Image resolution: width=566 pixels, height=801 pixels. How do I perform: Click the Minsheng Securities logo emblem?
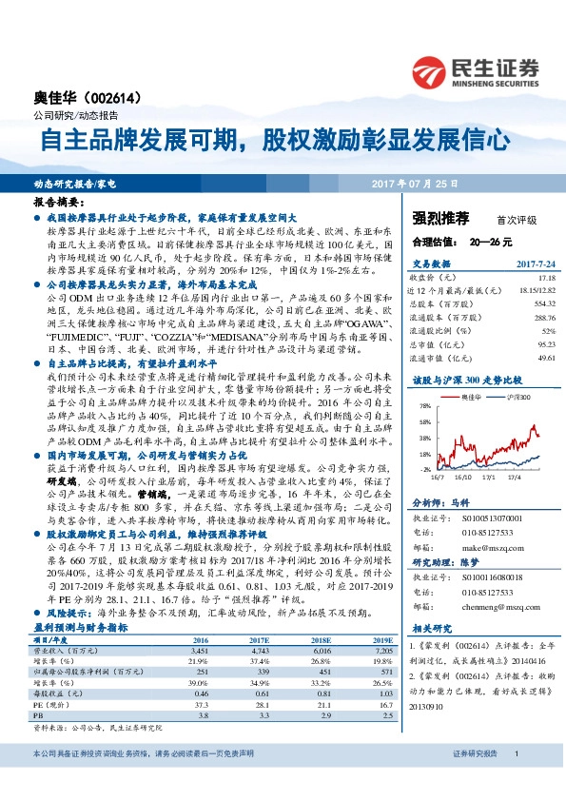pos(429,68)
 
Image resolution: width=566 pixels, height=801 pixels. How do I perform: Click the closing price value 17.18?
pos(545,275)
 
